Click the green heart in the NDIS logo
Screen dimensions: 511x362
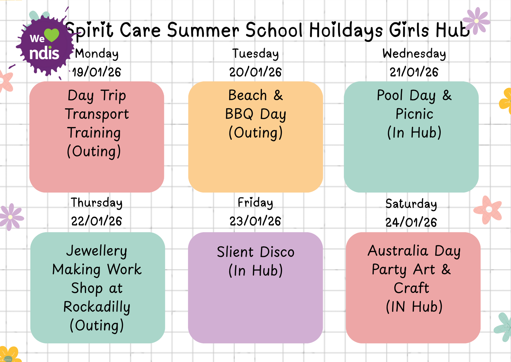[x=51, y=35]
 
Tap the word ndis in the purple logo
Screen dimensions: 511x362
[x=44, y=53]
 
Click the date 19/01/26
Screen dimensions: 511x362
[x=97, y=72]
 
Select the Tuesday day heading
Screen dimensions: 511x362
[x=256, y=54]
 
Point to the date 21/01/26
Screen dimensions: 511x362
[x=414, y=72]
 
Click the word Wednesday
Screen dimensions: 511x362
[x=414, y=54]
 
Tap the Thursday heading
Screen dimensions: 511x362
[x=97, y=203]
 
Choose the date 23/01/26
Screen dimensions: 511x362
[x=255, y=221]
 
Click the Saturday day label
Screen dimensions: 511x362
[x=411, y=204]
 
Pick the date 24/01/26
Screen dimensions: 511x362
[x=411, y=222]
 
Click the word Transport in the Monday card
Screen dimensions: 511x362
[x=97, y=114]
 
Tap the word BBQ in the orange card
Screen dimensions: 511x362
[x=239, y=114]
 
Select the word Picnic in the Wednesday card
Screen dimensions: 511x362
[x=414, y=114]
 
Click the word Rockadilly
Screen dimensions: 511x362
[x=97, y=307]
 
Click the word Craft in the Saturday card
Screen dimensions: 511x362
[x=411, y=288]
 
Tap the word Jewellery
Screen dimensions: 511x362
[x=97, y=251]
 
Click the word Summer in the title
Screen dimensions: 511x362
[x=203, y=30]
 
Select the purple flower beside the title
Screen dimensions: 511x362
[x=476, y=21]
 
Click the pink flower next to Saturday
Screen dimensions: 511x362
[x=488, y=210]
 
